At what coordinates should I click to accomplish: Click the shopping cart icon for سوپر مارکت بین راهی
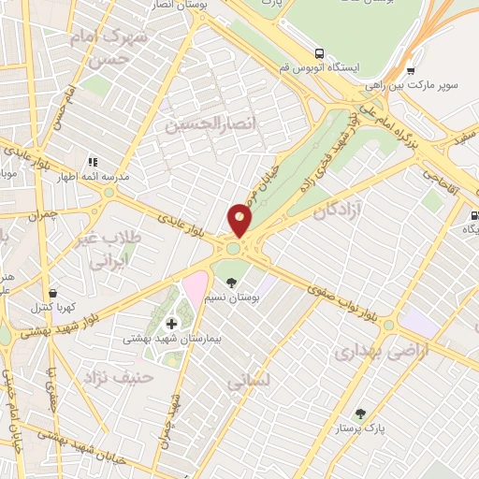410,69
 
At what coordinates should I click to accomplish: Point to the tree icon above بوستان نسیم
231,281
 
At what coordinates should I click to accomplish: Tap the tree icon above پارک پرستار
359,414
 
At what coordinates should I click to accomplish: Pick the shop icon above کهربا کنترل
53,293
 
